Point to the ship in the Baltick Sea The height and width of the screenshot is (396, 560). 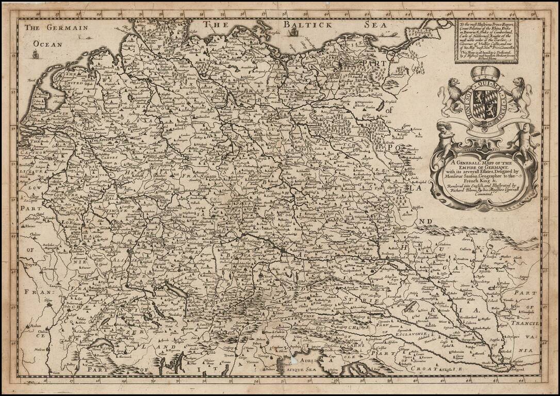294,32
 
